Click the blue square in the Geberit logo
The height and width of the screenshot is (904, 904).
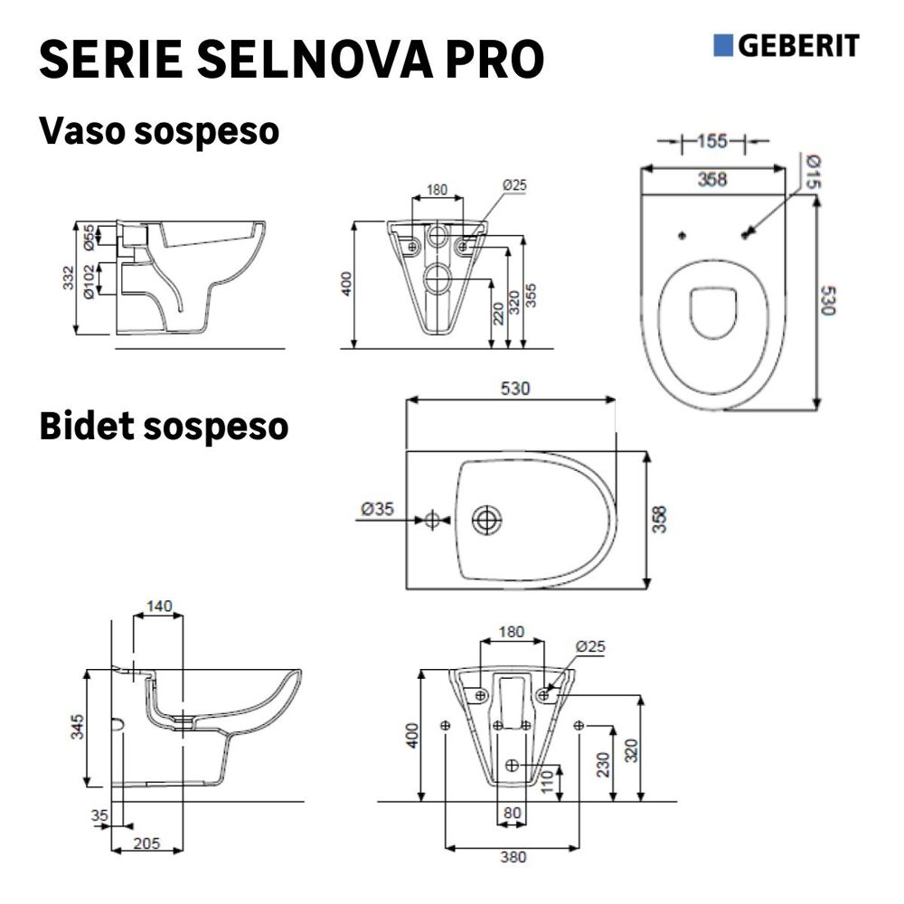(x=723, y=45)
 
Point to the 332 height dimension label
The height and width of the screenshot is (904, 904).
(x=69, y=278)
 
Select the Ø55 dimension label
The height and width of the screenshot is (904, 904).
(x=89, y=236)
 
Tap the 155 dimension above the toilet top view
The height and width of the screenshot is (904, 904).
(x=712, y=141)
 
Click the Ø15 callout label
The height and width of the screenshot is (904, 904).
(x=813, y=171)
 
